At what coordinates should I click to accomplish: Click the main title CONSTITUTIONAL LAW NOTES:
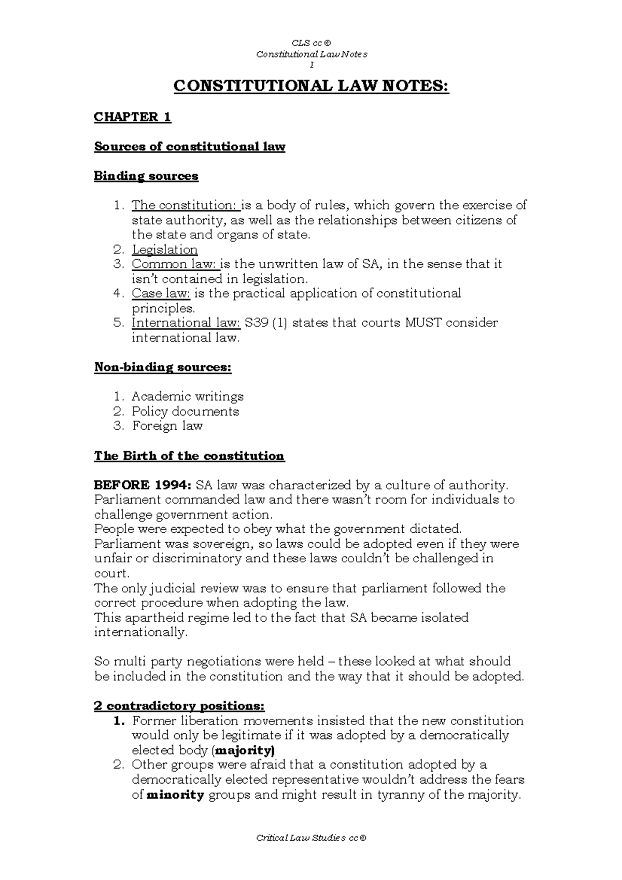coord(311,87)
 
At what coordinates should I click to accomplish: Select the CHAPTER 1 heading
coord(132,117)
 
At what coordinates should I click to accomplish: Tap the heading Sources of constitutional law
coord(189,147)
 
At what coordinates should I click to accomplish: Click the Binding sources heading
coord(146,176)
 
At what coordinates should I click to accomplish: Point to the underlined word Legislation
coord(164,250)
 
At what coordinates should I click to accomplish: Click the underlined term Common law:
coord(175,264)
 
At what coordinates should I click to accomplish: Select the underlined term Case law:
coord(161,294)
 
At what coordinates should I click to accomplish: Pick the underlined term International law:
coord(186,323)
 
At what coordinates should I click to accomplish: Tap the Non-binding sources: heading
coord(162,367)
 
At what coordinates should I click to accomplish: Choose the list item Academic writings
coord(187,397)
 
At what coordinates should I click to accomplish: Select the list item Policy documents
coord(185,411)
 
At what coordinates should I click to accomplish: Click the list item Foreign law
coord(167,426)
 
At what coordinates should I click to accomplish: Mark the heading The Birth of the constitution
coord(189,456)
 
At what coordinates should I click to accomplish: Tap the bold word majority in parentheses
coord(244,750)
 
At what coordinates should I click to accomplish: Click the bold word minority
coord(175,794)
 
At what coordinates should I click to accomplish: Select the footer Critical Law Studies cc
coord(311,838)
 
